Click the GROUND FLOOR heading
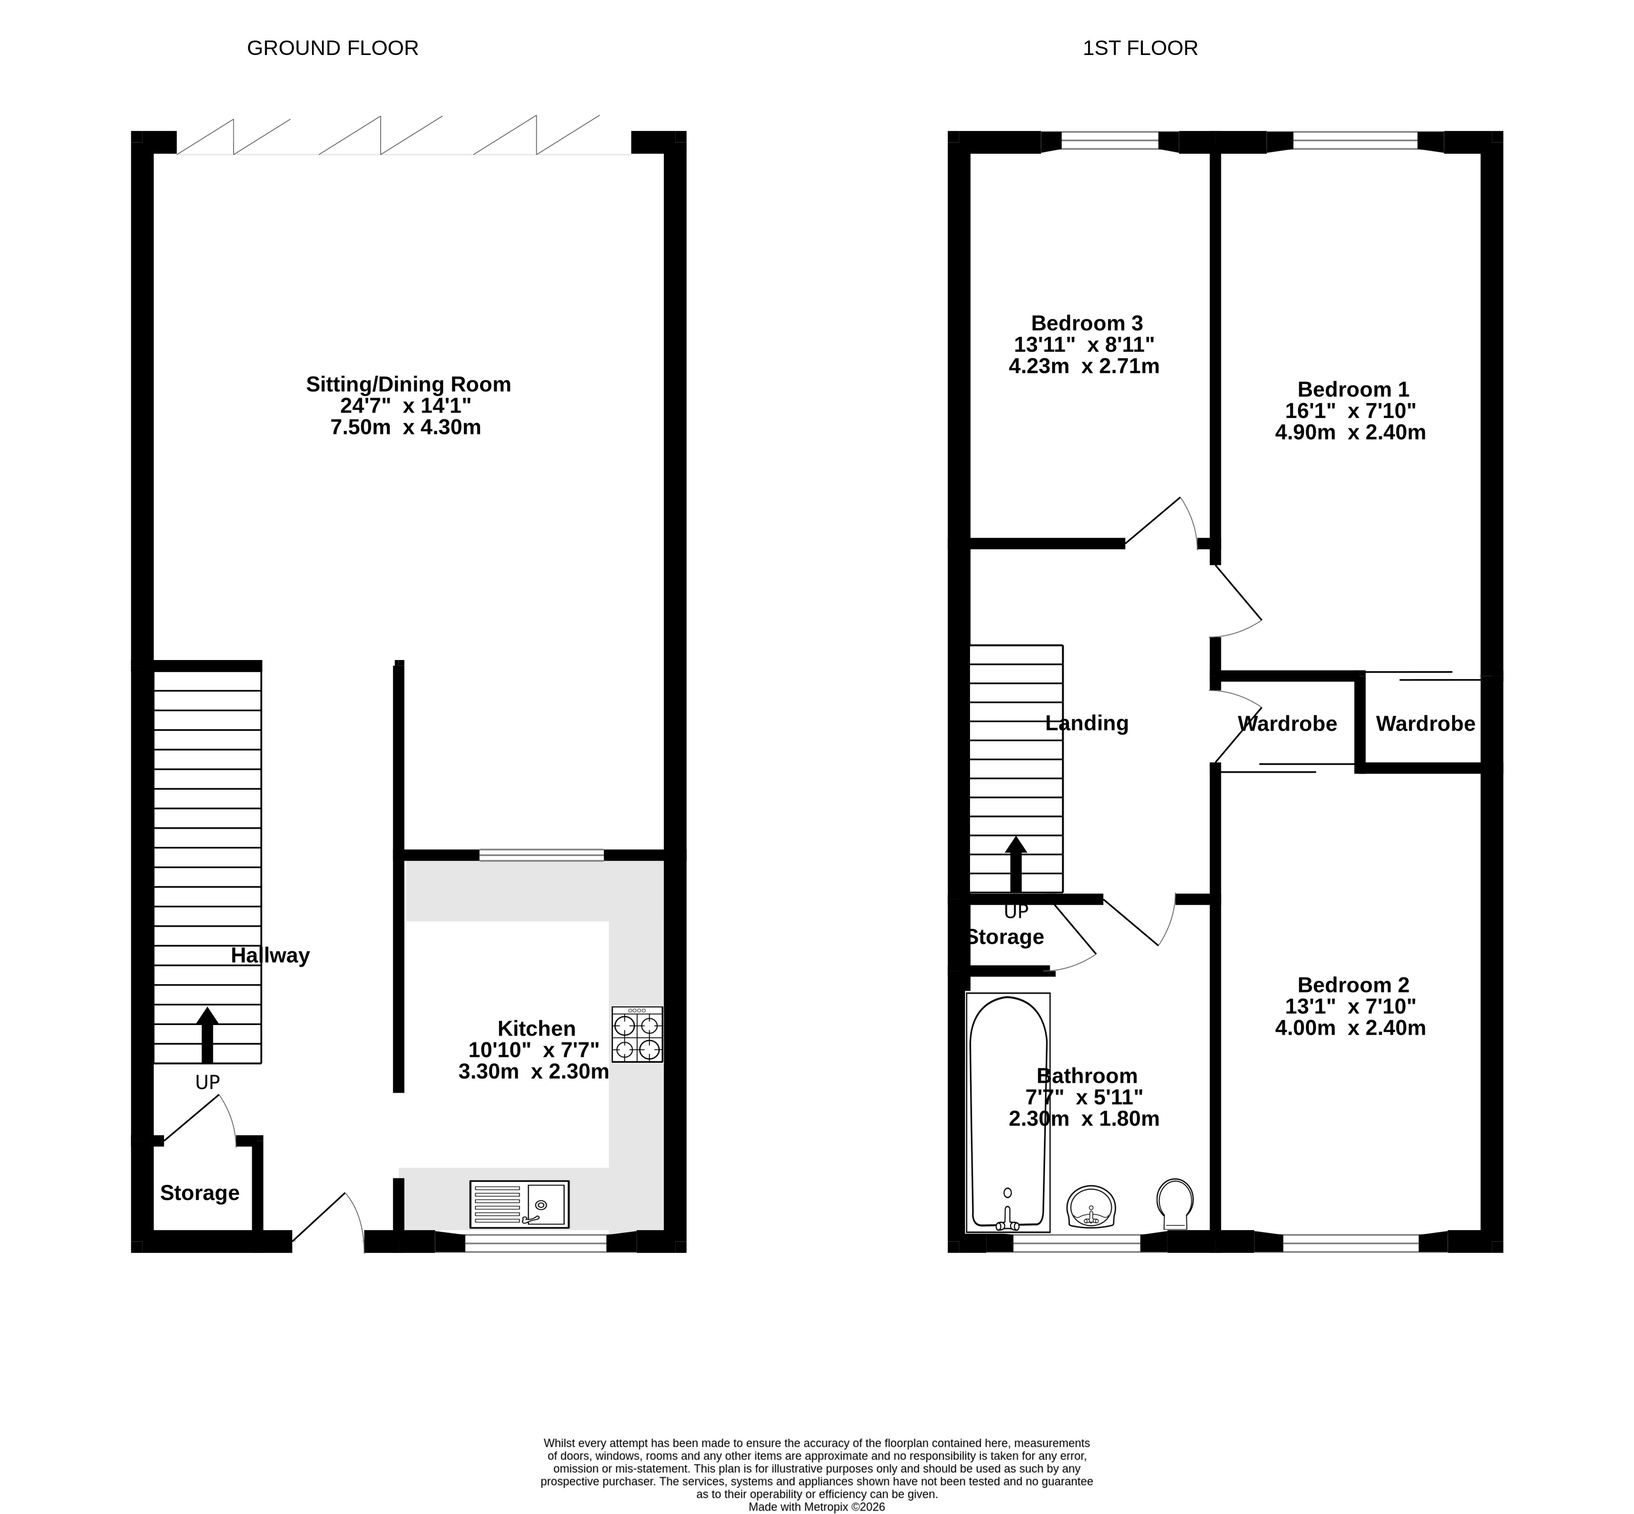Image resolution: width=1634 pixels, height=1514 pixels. pyautogui.click(x=333, y=48)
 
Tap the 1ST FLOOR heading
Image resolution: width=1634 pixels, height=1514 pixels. pyautogui.click(x=1140, y=48)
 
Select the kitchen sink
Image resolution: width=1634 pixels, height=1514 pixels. pyautogui.click(x=520, y=1204)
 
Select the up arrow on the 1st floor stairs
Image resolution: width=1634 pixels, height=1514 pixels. pyautogui.click(x=1016, y=864)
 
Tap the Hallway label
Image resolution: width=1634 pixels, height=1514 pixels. pyautogui.click(x=270, y=955)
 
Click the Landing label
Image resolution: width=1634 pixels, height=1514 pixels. pyautogui.click(x=1087, y=723)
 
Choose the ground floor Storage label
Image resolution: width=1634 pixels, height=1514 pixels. pyautogui.click(x=200, y=1193)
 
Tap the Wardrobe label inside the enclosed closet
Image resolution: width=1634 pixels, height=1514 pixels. pyautogui.click(x=1426, y=723)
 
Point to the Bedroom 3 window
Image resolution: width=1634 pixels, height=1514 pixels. pyautogui.click(x=1110, y=142)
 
